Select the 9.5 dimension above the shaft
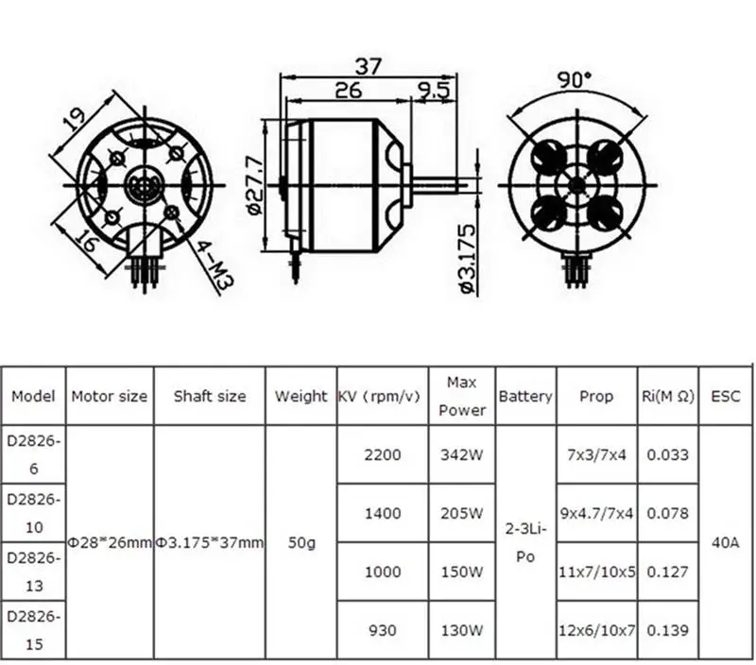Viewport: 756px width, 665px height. (431, 91)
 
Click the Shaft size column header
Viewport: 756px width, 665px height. (210, 396)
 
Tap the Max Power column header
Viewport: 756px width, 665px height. (463, 396)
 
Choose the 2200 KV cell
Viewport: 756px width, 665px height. (382, 454)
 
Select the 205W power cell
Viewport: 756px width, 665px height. (463, 513)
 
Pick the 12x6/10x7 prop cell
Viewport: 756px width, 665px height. (596, 630)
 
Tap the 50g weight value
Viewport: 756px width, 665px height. (301, 542)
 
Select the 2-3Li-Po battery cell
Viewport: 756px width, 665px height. (525, 542)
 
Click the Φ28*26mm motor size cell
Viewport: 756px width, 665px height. (110, 542)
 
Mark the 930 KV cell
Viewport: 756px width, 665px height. (382, 630)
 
